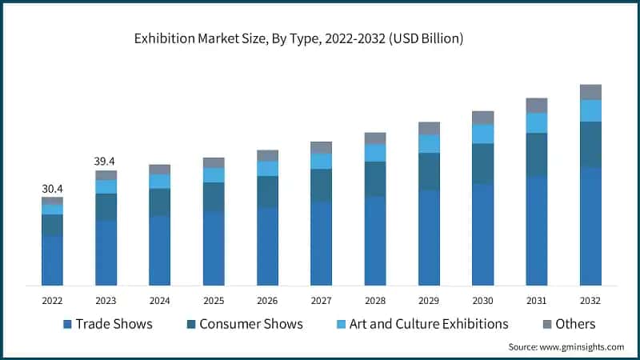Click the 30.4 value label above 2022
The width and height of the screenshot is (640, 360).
(52, 189)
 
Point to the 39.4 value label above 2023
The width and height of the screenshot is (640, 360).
(106, 162)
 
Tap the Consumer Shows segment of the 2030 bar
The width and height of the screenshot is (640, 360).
(482, 164)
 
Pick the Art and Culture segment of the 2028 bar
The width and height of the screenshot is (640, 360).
(375, 153)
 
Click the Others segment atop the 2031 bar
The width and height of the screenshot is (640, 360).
(536, 106)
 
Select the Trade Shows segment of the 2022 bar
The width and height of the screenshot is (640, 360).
(52, 260)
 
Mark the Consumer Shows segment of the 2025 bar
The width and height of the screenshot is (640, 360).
(214, 197)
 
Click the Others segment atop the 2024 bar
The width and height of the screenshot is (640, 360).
(159, 170)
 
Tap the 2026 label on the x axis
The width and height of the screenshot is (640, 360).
(267, 301)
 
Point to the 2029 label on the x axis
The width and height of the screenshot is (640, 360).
(429, 301)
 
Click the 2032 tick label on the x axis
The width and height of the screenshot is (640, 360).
(590, 301)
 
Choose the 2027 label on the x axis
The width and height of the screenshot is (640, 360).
(321, 301)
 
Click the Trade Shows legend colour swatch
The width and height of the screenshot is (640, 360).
(68, 324)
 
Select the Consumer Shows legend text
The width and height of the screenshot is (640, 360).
(250, 324)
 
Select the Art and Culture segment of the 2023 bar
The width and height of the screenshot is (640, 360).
(106, 186)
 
